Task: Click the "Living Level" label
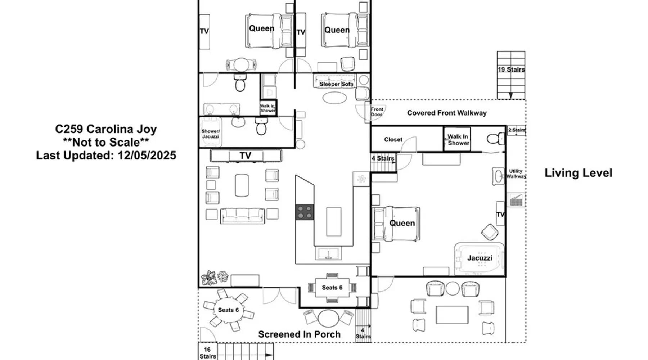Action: pos(578,173)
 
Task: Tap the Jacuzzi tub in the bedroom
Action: pos(480,258)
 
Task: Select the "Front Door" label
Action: pos(377,112)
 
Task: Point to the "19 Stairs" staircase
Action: pos(511,75)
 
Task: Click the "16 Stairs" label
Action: pos(207,353)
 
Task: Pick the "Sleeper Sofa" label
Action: pos(336,84)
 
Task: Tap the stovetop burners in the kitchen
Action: pos(305,212)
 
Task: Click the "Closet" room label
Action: pos(393,140)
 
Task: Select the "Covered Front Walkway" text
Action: pos(447,113)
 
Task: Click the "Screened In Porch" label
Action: pos(299,334)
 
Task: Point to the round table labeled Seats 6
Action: pos(228,310)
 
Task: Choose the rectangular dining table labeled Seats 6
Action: pos(332,288)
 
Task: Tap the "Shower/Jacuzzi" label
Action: pos(210,134)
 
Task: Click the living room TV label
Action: pos(245,156)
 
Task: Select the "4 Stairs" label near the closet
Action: pos(383,158)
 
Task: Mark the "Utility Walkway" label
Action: pos(516,174)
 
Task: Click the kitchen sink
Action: pos(328,253)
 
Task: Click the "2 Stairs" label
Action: pos(517,130)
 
